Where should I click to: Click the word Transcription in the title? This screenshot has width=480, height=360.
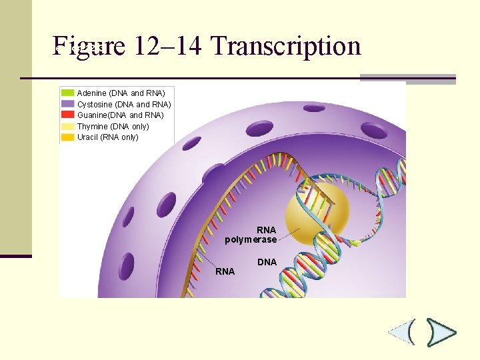click(285, 46)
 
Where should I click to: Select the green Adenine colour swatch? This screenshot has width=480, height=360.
click(68, 93)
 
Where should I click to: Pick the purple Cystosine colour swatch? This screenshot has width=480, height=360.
click(68, 104)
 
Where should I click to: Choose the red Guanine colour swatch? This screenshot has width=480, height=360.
click(68, 115)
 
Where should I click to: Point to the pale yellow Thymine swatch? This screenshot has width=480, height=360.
click(68, 126)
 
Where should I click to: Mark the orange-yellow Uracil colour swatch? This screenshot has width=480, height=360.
click(68, 137)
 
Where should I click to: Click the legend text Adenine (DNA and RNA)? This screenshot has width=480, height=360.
click(121, 93)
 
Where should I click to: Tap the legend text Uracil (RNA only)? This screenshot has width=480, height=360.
click(108, 137)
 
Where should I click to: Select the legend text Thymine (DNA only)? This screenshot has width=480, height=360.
click(113, 126)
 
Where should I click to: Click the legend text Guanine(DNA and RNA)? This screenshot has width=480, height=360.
click(121, 115)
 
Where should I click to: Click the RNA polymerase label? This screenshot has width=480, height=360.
click(251, 235)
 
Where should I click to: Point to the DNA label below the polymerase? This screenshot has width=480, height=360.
click(267, 262)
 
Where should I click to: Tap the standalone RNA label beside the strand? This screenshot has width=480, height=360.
click(225, 271)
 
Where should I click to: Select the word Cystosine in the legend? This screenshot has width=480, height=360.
click(95, 104)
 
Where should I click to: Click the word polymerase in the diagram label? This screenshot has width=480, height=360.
click(251, 239)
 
